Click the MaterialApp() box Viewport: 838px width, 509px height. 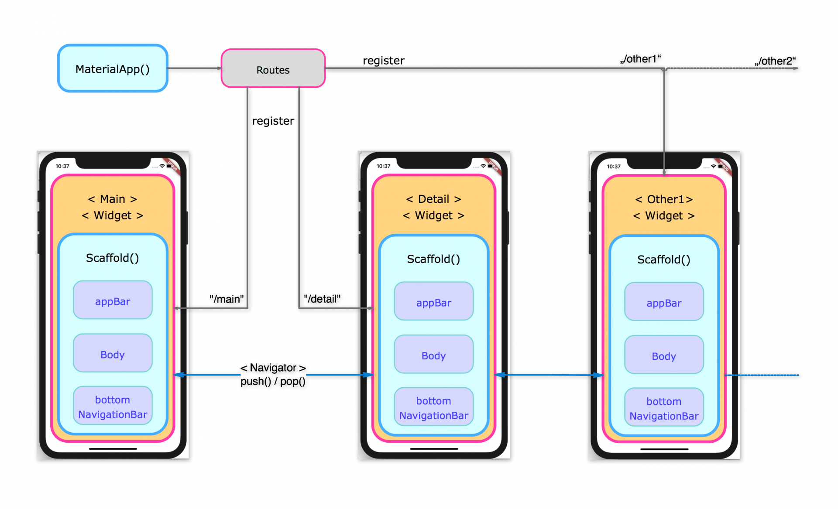click(113, 68)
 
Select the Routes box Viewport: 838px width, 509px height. click(273, 69)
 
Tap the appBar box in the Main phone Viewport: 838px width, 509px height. click(113, 301)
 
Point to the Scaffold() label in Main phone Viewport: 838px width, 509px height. click(113, 258)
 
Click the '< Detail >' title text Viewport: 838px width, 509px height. click(433, 199)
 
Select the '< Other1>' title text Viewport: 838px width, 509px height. click(664, 199)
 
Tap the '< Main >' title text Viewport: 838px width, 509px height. click(113, 199)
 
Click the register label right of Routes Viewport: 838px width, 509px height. click(384, 60)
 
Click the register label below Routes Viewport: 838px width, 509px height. click(274, 121)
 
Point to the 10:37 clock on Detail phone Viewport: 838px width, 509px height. click(383, 166)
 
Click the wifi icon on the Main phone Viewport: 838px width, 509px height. click(162, 166)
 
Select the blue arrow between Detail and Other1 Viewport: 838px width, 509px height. click(549, 375)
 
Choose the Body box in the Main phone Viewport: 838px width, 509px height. click(113, 354)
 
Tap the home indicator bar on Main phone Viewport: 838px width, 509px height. click(113, 448)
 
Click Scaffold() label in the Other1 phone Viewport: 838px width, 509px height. click(664, 260)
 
